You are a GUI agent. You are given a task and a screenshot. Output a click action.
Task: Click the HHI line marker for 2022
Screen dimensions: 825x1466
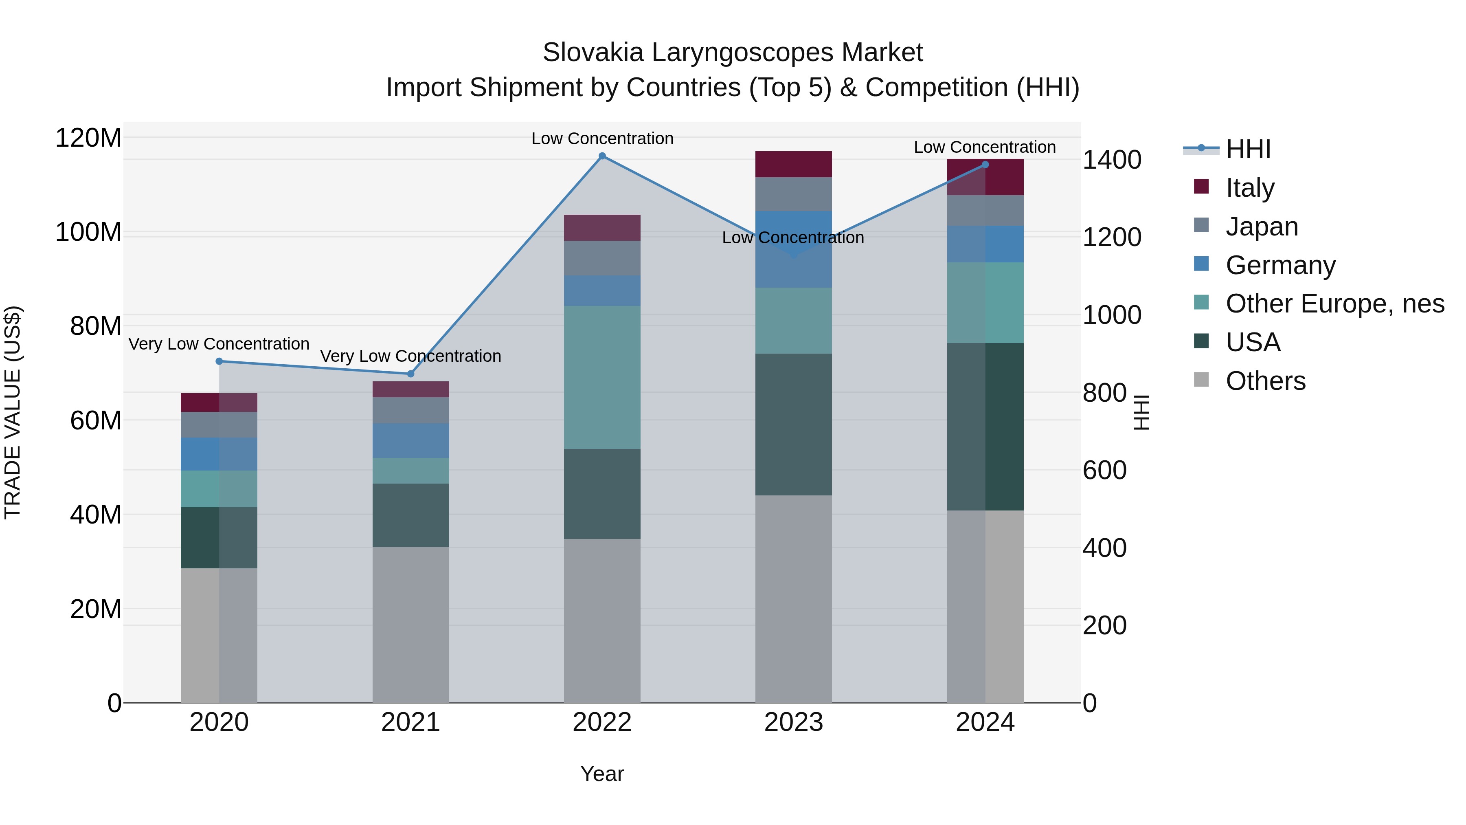[x=602, y=156]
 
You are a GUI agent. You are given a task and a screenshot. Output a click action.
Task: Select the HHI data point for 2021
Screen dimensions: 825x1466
[x=410, y=374]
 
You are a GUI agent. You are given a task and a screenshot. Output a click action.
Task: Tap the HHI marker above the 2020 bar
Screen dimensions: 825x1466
[x=219, y=361]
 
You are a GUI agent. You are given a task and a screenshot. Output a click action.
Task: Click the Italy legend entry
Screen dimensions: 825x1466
[x=1250, y=188]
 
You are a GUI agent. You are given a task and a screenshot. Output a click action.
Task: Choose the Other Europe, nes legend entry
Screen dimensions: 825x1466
[x=1334, y=304]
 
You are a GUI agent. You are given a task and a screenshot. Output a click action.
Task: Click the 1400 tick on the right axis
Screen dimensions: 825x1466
[x=1111, y=160]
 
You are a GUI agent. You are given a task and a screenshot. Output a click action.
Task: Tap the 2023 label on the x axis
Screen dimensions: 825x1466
[x=793, y=722]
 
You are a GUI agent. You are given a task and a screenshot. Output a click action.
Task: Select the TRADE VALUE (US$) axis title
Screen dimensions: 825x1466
[x=13, y=412]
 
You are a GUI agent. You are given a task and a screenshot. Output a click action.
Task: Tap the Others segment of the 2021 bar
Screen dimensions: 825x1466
[x=410, y=625]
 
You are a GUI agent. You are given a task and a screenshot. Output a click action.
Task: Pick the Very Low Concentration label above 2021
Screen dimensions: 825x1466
[x=410, y=356]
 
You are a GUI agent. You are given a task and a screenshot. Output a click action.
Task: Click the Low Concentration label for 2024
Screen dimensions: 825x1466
[x=985, y=147]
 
